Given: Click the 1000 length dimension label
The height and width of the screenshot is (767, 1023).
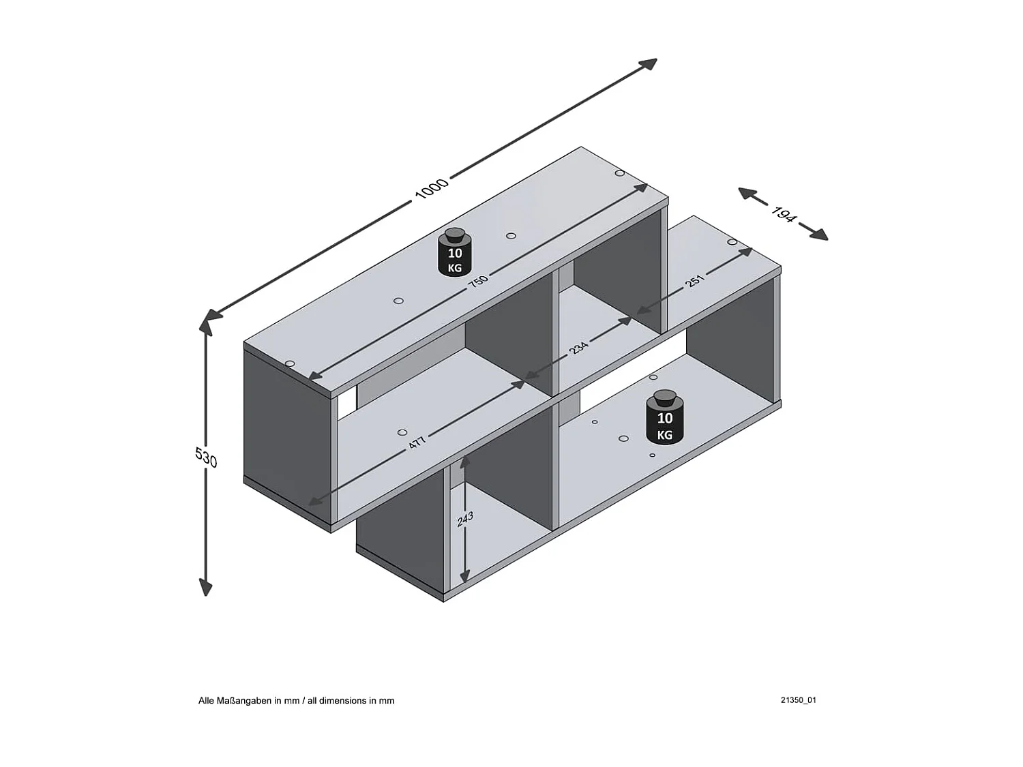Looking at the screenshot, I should (432, 187).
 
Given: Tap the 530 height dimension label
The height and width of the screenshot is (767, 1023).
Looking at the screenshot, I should (206, 457).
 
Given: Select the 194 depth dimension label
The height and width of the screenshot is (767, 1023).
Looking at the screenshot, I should (784, 214).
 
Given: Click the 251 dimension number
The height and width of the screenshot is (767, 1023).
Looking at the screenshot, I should (695, 280).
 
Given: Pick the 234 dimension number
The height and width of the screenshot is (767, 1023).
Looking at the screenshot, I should (578, 347).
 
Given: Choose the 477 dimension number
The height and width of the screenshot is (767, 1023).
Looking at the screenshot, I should (417, 442).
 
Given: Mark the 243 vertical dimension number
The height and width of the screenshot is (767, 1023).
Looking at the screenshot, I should (465, 519).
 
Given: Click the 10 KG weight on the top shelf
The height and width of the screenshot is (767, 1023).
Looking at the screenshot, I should (455, 253).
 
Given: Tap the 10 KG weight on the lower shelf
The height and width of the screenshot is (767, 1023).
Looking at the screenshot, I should (664, 417).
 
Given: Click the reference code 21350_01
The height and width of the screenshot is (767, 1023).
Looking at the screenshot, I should (799, 700).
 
